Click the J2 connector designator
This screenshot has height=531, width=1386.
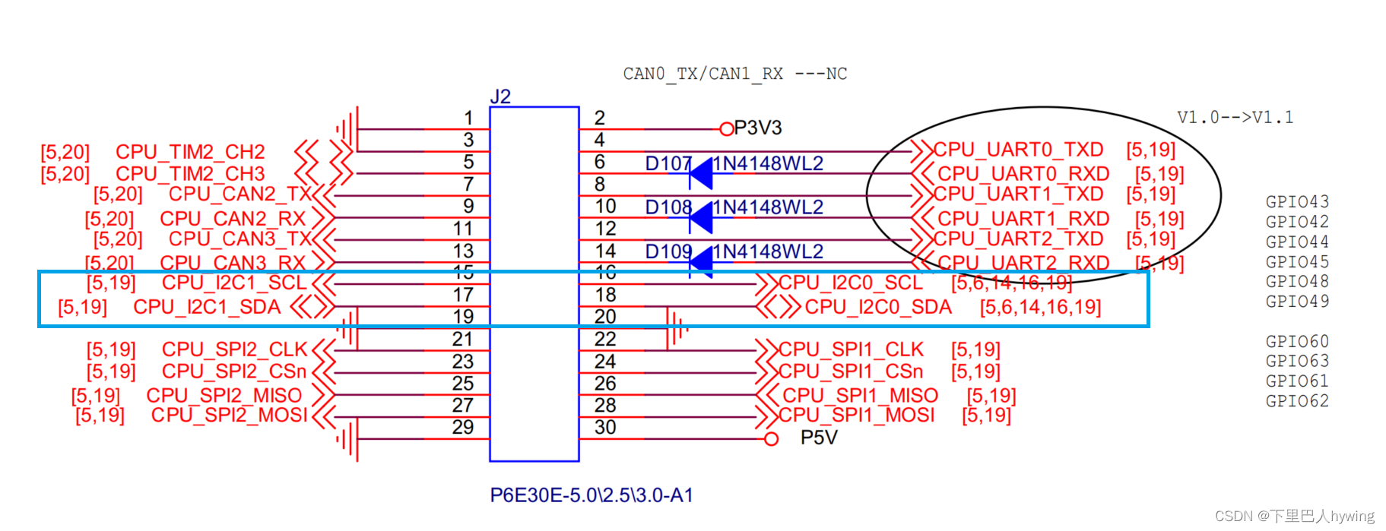[500, 96]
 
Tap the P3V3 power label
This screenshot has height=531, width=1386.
[757, 128]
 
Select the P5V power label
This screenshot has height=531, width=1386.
[818, 438]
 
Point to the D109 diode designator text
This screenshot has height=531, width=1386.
[668, 251]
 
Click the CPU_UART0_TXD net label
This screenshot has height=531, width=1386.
[1018, 150]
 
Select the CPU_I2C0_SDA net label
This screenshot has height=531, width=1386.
[878, 307]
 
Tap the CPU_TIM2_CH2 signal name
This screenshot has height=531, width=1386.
[190, 152]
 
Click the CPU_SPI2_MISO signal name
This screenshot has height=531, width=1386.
[224, 396]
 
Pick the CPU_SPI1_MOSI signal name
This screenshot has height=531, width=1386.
[857, 416]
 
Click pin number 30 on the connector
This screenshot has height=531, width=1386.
[605, 428]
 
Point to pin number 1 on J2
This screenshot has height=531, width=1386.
[468, 118]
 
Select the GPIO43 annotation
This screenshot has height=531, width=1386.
[1297, 202]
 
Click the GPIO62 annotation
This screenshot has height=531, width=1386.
[1297, 401]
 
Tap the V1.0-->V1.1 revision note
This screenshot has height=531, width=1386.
[1235, 118]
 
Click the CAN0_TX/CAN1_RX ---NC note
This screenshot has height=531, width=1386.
[734, 74]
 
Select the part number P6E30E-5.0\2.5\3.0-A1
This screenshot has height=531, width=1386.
[591, 495]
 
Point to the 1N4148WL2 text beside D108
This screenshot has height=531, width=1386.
[768, 207]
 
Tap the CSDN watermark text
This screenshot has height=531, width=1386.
[1294, 517]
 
